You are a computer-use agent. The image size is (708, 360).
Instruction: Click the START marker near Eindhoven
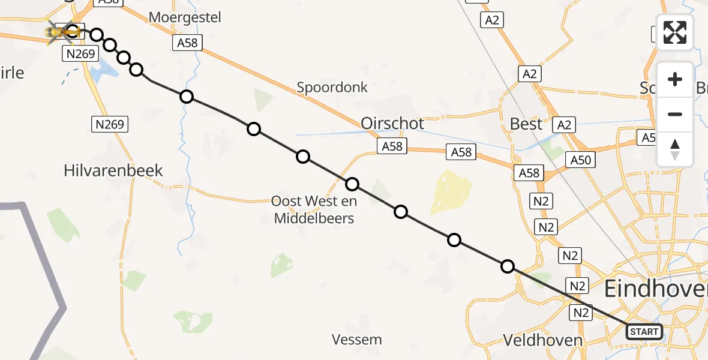(644, 331)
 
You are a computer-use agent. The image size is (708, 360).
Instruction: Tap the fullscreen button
(675, 32)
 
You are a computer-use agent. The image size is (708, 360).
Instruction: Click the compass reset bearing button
(675, 149)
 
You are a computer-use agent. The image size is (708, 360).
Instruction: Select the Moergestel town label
(185, 17)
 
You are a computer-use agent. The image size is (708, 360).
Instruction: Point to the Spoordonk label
(332, 87)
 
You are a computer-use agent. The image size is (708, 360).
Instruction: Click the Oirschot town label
(392, 124)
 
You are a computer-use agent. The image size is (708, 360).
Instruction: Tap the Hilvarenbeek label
(113, 170)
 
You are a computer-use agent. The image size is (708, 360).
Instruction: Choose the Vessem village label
(357, 340)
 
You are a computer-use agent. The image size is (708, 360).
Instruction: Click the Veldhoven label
(542, 340)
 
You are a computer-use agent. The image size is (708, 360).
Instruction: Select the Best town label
(526, 124)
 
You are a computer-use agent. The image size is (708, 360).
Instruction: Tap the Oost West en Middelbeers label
(314, 209)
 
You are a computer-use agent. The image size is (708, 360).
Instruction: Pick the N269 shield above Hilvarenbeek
(109, 124)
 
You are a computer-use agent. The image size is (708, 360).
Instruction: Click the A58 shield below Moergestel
(187, 43)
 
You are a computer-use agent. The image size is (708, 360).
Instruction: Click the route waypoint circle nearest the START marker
(508, 266)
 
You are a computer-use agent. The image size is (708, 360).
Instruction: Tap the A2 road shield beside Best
(565, 125)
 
